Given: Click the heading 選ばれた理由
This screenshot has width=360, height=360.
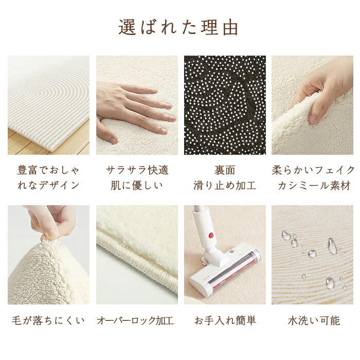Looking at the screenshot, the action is point(178,28).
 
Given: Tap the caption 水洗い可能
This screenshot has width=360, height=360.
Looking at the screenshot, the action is point(314,320).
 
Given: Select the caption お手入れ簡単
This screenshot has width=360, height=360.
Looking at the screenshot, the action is point(225,320).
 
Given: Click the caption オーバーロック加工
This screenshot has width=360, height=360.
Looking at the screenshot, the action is point(135,320).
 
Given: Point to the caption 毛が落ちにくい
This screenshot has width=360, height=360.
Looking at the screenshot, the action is point(48,320).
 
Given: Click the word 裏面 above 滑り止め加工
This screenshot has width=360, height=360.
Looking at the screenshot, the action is point(225,170).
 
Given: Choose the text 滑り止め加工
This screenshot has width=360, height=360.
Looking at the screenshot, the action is point(225,185).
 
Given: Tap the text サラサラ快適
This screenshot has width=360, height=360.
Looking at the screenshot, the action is point(137,170).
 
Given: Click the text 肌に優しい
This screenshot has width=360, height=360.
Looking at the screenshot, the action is point(137,185).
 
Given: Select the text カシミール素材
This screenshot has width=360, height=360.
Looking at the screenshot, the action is point(314,185).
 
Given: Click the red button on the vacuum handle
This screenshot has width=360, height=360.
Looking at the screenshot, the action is point(211,235).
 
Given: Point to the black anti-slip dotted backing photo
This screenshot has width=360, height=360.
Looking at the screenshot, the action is point(225,105).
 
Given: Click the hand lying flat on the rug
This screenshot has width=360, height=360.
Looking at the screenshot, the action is point(133,110).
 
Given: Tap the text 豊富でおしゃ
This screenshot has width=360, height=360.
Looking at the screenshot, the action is point(48,170).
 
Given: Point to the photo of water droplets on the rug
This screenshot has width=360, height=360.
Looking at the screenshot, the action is point(312,255).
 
